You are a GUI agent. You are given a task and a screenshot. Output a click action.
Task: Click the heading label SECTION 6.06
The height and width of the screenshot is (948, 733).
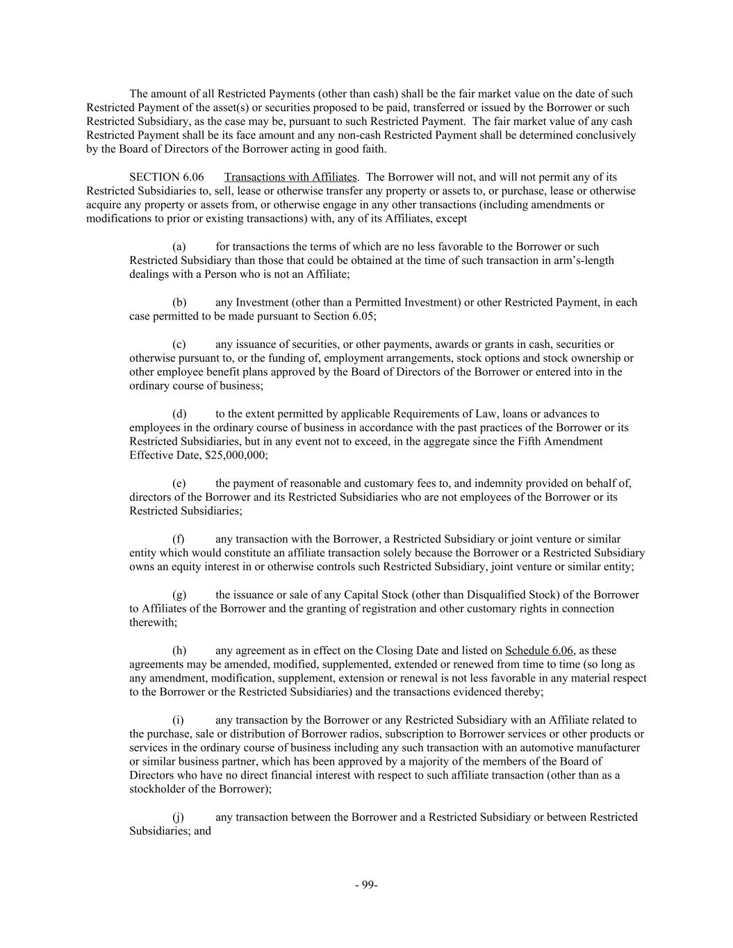[x=167, y=177]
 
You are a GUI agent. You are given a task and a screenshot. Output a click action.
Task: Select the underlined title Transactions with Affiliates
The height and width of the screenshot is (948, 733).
[x=290, y=177]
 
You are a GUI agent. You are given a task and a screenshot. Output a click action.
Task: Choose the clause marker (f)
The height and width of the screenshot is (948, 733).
[x=179, y=539]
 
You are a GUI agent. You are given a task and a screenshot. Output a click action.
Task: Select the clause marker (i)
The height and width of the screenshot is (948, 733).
[x=179, y=720]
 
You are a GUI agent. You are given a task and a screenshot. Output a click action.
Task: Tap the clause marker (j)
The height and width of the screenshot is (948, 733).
[x=179, y=817]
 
